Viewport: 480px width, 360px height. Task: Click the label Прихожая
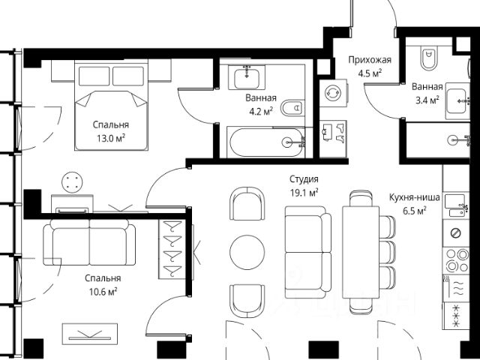tap(370, 60)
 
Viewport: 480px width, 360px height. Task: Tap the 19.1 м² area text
tap(304, 193)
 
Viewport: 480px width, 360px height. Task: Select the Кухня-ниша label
tap(415, 197)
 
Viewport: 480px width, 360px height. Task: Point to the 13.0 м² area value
tap(111, 138)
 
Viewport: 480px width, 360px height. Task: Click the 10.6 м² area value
tap(103, 292)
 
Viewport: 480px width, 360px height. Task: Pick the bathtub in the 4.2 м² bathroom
tap(266, 142)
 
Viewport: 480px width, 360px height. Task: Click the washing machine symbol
tap(333, 93)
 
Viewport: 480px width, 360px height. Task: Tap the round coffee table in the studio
tap(247, 252)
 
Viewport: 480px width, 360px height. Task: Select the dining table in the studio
tap(361, 252)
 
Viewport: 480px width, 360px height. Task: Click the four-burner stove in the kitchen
tap(455, 260)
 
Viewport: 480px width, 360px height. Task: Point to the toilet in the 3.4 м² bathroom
tap(429, 58)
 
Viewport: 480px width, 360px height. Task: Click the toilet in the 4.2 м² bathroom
tap(292, 108)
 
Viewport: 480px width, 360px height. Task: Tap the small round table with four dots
tap(72, 182)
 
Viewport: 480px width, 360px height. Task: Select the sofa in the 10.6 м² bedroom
tap(89, 242)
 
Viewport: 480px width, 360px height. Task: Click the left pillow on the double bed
tap(94, 76)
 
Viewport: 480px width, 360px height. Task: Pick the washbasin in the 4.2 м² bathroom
tap(247, 77)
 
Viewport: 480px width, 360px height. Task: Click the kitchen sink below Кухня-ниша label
tap(455, 205)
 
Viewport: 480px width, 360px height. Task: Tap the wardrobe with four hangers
tap(172, 249)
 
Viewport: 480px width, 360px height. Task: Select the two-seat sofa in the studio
tap(308, 252)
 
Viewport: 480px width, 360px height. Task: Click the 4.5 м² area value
tap(370, 73)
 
